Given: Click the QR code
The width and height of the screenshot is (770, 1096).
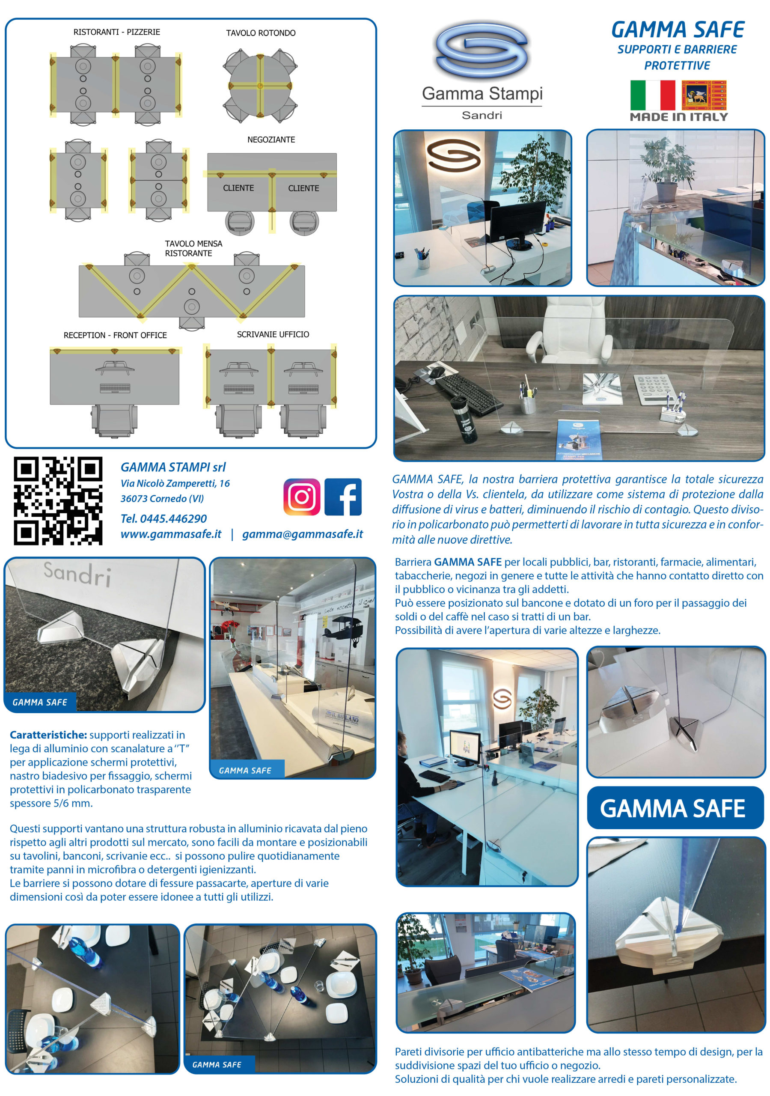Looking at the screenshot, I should coord(58,500).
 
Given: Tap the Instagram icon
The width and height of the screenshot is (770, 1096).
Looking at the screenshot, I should coord(302,497).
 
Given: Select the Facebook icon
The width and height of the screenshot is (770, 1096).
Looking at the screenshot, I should coord(343,497).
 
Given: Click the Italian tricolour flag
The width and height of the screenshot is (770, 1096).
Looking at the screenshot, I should coord(652,95).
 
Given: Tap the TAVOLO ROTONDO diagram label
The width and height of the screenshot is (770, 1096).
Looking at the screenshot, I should coord(261,33).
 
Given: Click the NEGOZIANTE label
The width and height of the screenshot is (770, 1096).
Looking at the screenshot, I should coord(271,140).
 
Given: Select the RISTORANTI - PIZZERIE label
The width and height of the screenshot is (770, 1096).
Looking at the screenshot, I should coord(116,32).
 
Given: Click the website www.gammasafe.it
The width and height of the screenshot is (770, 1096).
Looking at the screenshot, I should coord(171,534).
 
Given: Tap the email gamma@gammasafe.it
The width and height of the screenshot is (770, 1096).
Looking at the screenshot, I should coord(302,534).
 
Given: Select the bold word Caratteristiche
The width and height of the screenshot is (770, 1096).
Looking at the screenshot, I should coord(48,735).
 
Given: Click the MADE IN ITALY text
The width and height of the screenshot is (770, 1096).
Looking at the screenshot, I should coord(678,117).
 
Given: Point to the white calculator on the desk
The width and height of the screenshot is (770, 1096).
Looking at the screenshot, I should coord(657,389).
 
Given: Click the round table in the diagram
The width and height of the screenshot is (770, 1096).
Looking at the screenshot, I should coord(260,86).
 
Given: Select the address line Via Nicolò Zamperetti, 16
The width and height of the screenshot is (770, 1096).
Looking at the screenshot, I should coord(175,483).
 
